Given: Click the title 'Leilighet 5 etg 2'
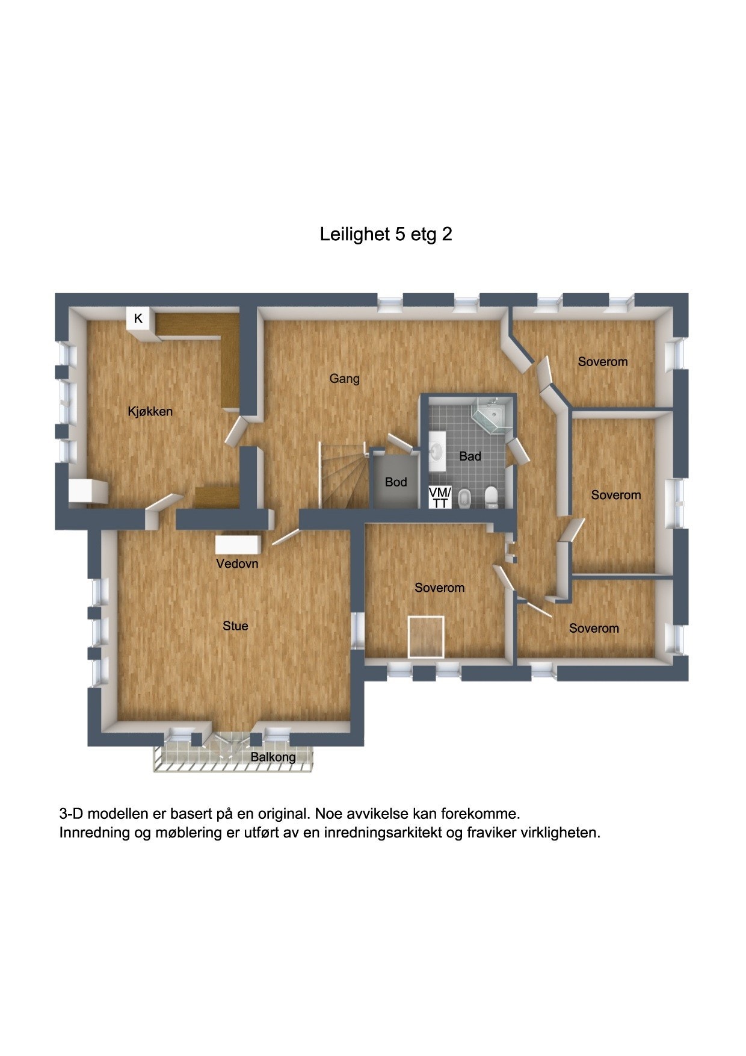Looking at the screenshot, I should click(x=386, y=234).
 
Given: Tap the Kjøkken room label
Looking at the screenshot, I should click(x=150, y=412).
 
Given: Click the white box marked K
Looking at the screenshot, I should click(x=138, y=318).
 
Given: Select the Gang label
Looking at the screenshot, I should click(x=344, y=379).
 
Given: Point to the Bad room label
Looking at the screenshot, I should click(x=470, y=456).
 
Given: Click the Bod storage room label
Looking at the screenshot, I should click(x=396, y=482).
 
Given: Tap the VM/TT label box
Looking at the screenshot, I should click(x=440, y=498).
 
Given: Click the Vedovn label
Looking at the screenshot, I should click(x=237, y=564).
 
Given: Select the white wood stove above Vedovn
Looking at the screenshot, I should click(x=239, y=544).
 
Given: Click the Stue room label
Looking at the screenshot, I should click(x=235, y=626).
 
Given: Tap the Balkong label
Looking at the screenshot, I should click(x=273, y=757).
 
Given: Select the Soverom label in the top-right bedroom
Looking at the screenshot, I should click(x=602, y=362).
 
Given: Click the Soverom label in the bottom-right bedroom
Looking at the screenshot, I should click(x=594, y=629).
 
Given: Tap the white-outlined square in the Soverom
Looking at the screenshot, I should click(x=426, y=636).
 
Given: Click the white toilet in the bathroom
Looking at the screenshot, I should click(x=491, y=497).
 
